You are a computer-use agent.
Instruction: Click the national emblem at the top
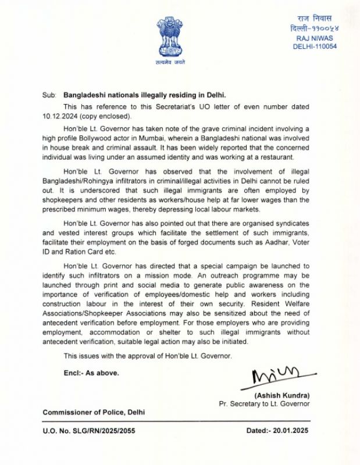169,38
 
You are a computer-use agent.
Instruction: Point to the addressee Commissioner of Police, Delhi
94,412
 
